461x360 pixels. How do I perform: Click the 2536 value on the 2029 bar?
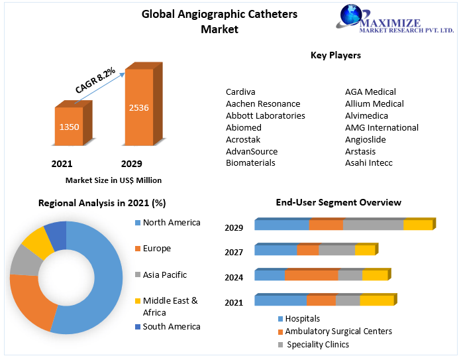[x=139, y=107]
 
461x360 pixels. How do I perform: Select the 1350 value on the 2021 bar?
[x=70, y=126]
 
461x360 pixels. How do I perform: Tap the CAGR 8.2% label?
[x=95, y=79]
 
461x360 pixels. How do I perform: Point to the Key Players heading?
[x=336, y=56]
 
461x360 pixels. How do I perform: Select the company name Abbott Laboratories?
[x=265, y=115]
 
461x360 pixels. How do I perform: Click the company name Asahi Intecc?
[x=368, y=163]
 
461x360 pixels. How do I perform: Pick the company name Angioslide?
[x=365, y=139]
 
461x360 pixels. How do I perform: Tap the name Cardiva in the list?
[x=240, y=91]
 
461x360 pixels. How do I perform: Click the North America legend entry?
[x=171, y=223]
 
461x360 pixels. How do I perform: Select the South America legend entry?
[x=171, y=326]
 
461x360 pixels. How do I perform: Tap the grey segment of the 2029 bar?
[x=373, y=225]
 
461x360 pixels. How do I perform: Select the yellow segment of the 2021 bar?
[x=376, y=301]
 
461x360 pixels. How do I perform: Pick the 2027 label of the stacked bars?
[x=234, y=253]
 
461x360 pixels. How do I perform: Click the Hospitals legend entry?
[x=303, y=319]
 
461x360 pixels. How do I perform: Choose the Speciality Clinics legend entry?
[x=318, y=344]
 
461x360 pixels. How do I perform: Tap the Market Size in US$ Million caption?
[x=113, y=180]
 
